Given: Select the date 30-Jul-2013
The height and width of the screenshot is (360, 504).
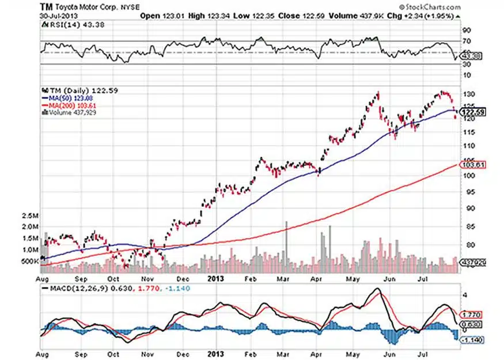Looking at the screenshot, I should [55, 16].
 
